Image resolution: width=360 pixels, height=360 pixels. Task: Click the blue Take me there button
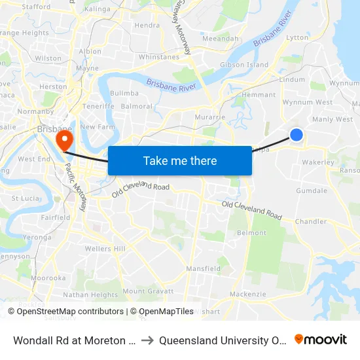click(x=180, y=161)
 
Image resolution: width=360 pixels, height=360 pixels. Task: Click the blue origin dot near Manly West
click(x=297, y=134)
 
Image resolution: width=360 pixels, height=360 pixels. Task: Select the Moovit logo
click(x=321, y=339)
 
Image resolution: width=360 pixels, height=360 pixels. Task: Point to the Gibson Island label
click(x=244, y=65)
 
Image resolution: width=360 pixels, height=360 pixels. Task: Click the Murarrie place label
click(x=210, y=117)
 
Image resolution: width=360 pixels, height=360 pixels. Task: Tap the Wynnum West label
click(x=307, y=102)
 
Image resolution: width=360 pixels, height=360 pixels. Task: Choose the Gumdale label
click(x=312, y=190)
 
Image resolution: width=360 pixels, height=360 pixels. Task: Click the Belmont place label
click(x=251, y=232)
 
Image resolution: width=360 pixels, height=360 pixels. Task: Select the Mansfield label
click(x=203, y=268)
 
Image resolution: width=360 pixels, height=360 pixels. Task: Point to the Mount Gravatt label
click(x=147, y=291)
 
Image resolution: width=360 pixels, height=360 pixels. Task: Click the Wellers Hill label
click(x=105, y=249)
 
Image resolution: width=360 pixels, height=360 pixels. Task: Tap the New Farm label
click(x=98, y=126)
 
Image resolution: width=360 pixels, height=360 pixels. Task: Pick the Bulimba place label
click(x=124, y=94)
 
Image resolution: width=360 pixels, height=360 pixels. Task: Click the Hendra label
click(x=147, y=26)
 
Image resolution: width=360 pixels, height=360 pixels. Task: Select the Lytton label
click(x=297, y=37)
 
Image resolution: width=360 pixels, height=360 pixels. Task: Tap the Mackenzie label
click(x=247, y=294)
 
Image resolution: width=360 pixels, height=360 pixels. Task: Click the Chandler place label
click(x=311, y=221)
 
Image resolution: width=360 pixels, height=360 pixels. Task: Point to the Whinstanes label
click(x=158, y=57)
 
